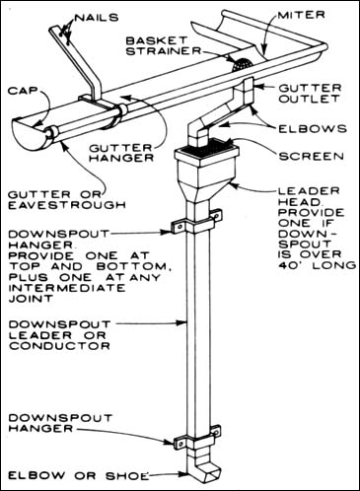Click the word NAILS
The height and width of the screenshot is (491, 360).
click(97, 17)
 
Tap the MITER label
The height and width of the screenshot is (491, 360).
click(302, 15)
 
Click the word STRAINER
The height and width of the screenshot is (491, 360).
click(164, 51)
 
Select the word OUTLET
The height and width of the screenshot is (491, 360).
click(309, 99)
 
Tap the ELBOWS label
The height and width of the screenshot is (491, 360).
click(313, 128)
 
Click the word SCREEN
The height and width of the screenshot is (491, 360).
click(312, 156)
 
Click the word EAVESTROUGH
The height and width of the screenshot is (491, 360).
click(67, 205)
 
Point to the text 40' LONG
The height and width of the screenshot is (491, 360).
click(318, 265)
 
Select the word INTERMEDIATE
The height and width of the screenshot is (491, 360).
click(67, 288)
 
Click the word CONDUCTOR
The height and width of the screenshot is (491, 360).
click(59, 346)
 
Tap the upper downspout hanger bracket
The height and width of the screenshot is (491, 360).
click(196, 222)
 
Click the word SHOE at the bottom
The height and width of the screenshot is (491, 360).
click(127, 475)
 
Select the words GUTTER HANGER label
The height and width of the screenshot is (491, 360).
click(121, 153)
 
